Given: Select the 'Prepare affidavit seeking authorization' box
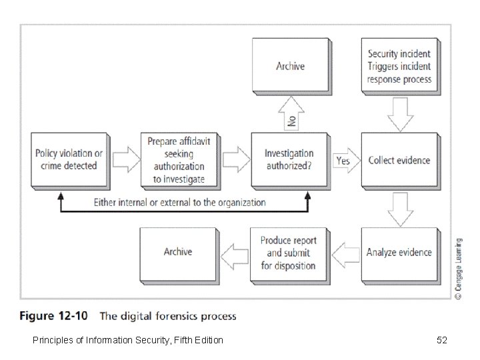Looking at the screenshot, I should coord(179,160).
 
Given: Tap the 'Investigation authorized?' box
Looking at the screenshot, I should coord(289,160).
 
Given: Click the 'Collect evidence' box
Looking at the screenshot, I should coord(399,160).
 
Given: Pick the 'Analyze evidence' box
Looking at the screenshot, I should coord(399,253).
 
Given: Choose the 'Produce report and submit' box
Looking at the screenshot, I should coord(289,253).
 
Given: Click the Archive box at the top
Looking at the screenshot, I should coord(290,65).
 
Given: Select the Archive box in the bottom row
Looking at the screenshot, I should coord(178,252).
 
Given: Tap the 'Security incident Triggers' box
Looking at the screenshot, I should coord(399,66).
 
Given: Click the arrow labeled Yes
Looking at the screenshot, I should coord(344,161).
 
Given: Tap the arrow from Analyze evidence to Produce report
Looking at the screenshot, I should coord(345,253).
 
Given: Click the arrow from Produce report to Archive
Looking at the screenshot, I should coord(234,253).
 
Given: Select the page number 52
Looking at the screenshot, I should coord(441,341).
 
